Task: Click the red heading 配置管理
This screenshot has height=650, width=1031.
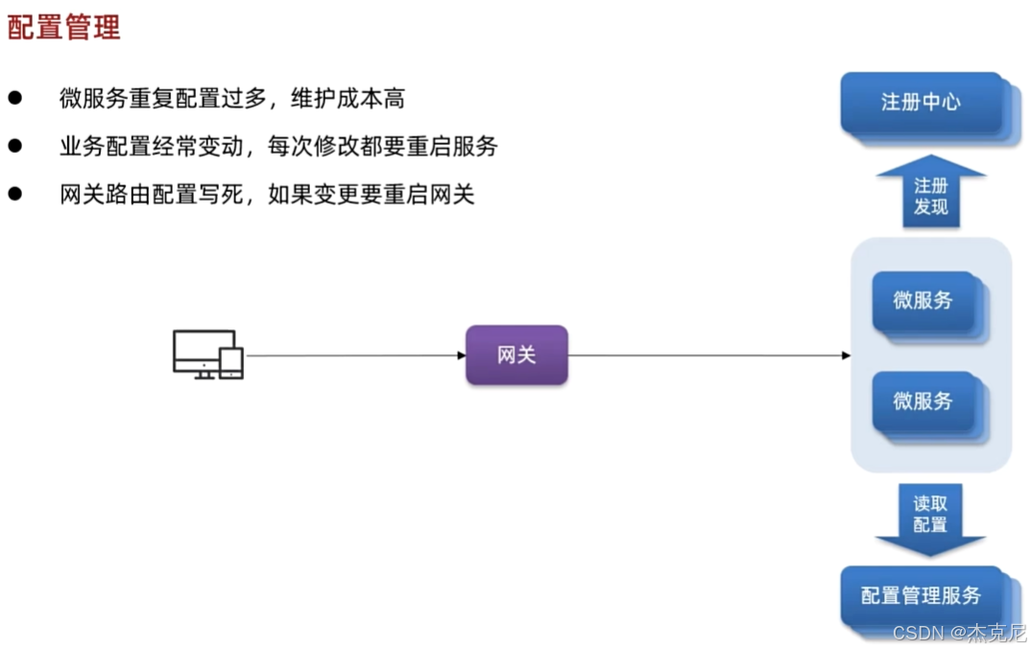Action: click(x=63, y=28)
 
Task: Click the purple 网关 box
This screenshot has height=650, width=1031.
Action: click(x=516, y=355)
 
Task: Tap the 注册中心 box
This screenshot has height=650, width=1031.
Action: click(x=921, y=103)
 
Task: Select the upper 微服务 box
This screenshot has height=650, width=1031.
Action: click(x=923, y=301)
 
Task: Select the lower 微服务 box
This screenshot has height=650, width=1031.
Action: click(x=923, y=400)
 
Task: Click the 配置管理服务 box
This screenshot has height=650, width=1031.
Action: click(x=921, y=595)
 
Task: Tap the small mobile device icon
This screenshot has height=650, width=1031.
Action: click(x=231, y=362)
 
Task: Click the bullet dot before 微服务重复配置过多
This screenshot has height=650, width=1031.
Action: click(x=14, y=97)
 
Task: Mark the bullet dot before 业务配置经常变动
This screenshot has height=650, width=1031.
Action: click(x=14, y=145)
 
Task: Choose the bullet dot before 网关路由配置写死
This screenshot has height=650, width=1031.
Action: click(x=14, y=193)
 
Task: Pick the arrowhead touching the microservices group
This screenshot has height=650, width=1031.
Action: click(x=846, y=355)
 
